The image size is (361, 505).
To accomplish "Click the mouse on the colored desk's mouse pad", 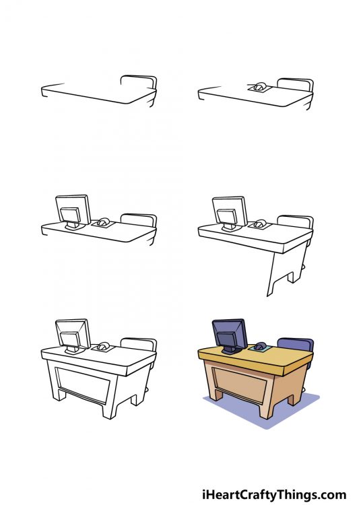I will tap(259, 346).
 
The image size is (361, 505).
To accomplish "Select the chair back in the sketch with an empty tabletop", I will tap(139, 81).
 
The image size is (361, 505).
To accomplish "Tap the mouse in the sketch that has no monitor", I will tap(259, 86).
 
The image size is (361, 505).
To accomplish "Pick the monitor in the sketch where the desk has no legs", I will tap(72, 210).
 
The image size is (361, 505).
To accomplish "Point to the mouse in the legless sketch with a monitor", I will tap(103, 222).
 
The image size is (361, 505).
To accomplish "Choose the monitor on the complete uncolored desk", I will tap(72, 334).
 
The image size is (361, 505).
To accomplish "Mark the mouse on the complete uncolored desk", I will tap(103, 346).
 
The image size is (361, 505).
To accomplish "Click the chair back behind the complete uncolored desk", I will tap(140, 344).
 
